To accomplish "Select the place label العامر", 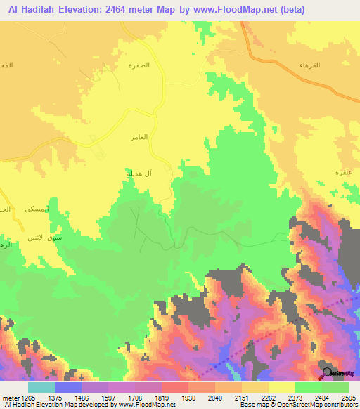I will [139, 137].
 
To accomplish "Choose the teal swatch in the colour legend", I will [41, 387].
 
